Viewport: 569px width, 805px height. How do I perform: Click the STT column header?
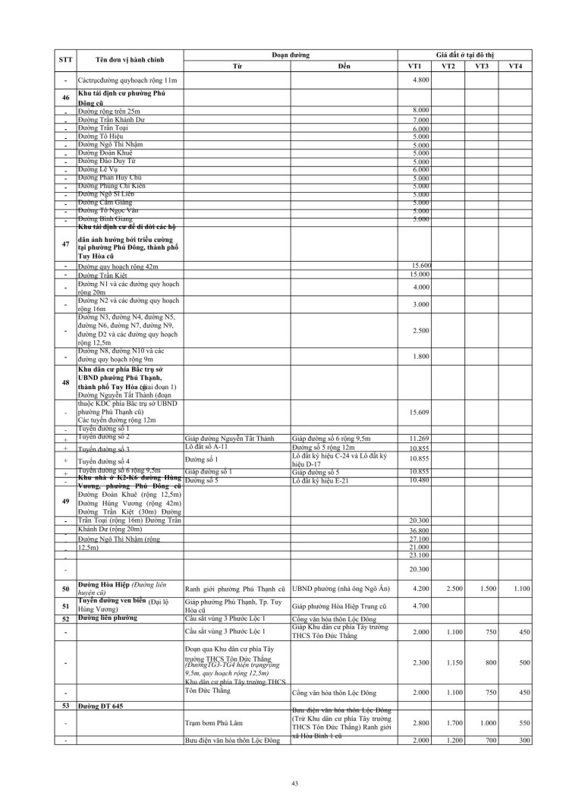65,60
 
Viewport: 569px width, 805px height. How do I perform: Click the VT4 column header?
515,66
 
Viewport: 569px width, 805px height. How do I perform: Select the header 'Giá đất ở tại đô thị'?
463,55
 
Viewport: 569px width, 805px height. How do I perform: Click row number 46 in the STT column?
65,98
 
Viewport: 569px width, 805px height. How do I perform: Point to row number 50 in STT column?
65,589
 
